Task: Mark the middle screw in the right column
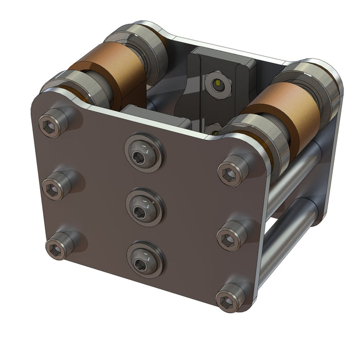tap(228, 238)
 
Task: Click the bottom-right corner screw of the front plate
tap(228, 299)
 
